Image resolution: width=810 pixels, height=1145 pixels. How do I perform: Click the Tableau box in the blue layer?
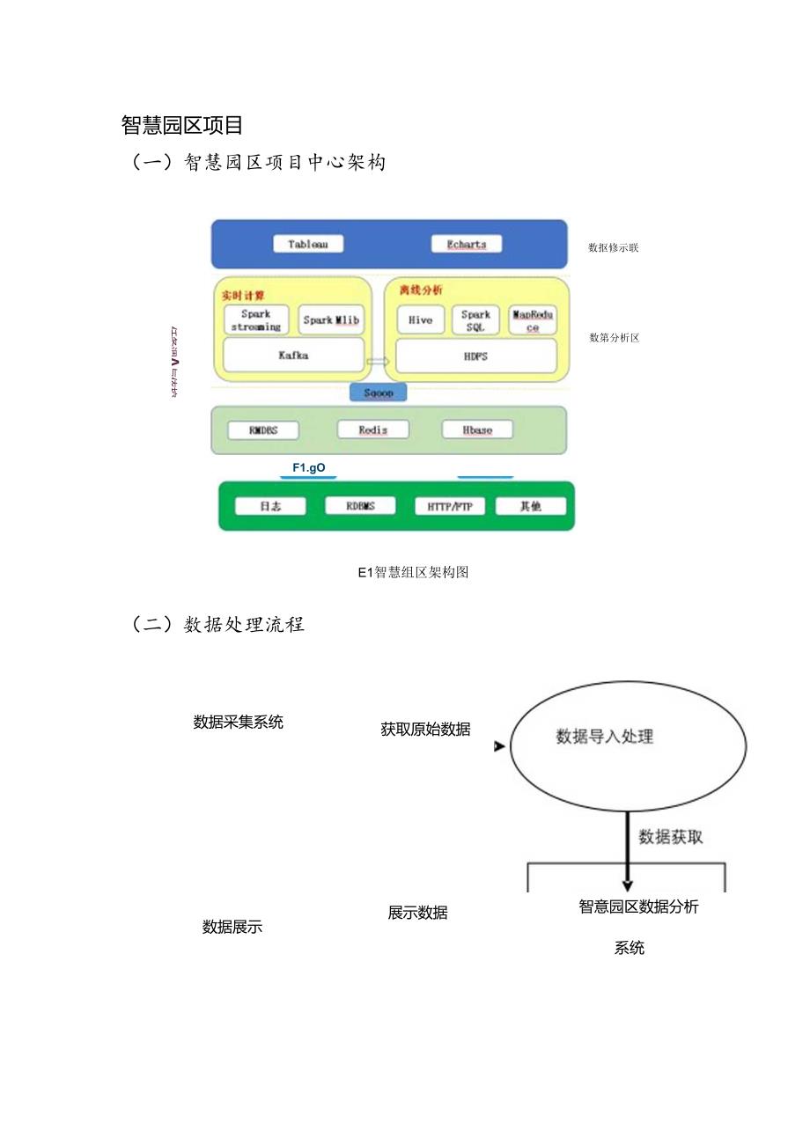point(307,244)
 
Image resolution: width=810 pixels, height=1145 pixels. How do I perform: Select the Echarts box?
point(467,244)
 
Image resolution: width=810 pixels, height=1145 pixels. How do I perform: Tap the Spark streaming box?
point(256,320)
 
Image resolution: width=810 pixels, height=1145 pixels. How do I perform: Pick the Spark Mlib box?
point(331,320)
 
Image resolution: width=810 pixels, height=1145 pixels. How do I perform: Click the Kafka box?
point(293,356)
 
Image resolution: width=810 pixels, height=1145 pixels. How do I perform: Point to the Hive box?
point(421,320)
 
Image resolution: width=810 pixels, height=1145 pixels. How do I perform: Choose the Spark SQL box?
point(475,320)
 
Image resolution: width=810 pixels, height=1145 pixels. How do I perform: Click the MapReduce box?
point(533,320)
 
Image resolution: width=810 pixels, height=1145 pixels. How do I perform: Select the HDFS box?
point(475,356)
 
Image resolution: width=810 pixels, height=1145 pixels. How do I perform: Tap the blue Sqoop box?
point(379,393)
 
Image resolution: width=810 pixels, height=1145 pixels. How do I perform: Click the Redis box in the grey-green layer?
point(373,429)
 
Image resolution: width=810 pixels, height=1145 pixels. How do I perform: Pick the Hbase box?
point(477,429)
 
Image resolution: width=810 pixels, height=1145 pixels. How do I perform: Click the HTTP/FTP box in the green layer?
point(449,506)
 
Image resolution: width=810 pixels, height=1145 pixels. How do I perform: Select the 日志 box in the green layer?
point(270,506)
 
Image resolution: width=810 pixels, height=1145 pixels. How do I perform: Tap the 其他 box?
point(530,506)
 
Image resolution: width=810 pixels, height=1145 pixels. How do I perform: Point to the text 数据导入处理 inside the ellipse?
point(605,737)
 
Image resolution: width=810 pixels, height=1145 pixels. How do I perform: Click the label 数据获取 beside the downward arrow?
point(671,837)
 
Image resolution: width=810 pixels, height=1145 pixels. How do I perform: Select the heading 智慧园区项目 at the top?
point(181,126)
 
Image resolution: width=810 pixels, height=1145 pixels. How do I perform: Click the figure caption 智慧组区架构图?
point(413,573)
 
